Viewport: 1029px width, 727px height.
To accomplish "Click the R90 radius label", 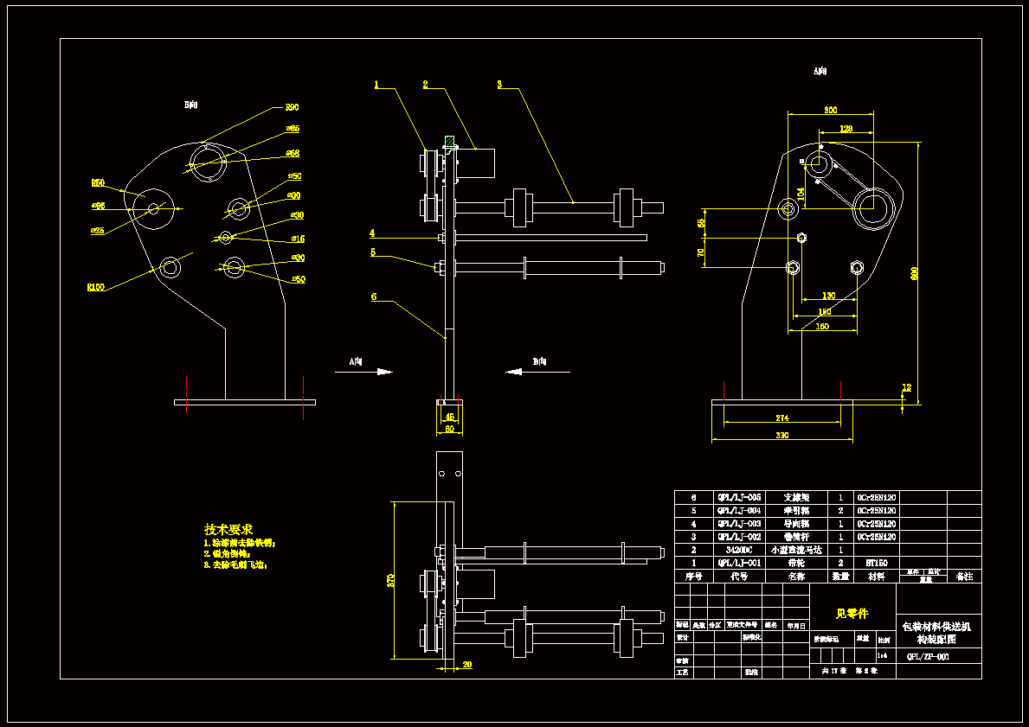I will [x=293, y=107].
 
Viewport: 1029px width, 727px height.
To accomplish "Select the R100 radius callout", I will [x=95, y=287].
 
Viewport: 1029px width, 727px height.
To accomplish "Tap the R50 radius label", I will [x=98, y=183].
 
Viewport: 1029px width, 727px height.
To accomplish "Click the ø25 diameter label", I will [x=97, y=231].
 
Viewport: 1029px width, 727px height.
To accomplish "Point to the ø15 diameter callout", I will [x=298, y=239].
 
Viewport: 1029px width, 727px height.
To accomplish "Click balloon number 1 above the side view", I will [x=376, y=85].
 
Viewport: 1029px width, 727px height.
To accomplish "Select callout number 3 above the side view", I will [x=499, y=85].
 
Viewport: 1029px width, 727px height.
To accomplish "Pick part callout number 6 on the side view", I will [x=374, y=297].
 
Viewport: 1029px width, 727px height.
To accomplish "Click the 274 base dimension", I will [x=781, y=418].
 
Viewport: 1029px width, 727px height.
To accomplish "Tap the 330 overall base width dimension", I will [x=781, y=436].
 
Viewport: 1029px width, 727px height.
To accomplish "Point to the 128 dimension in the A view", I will [x=846, y=129].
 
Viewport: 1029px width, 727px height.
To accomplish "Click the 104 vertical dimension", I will [x=801, y=191].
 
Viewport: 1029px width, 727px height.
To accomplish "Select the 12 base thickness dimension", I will [x=907, y=387].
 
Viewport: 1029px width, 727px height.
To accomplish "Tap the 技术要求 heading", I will [x=228, y=529].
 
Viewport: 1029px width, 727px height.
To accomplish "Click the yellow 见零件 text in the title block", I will [x=852, y=614].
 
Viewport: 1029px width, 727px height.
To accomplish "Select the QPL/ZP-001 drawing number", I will [x=928, y=657].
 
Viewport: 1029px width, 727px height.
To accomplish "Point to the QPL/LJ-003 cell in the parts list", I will [x=739, y=524].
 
